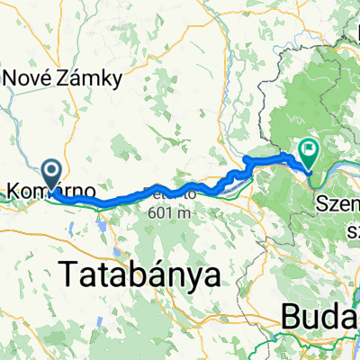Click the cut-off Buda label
319,316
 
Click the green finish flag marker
309,154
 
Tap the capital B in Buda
292,316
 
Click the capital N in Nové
12,78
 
